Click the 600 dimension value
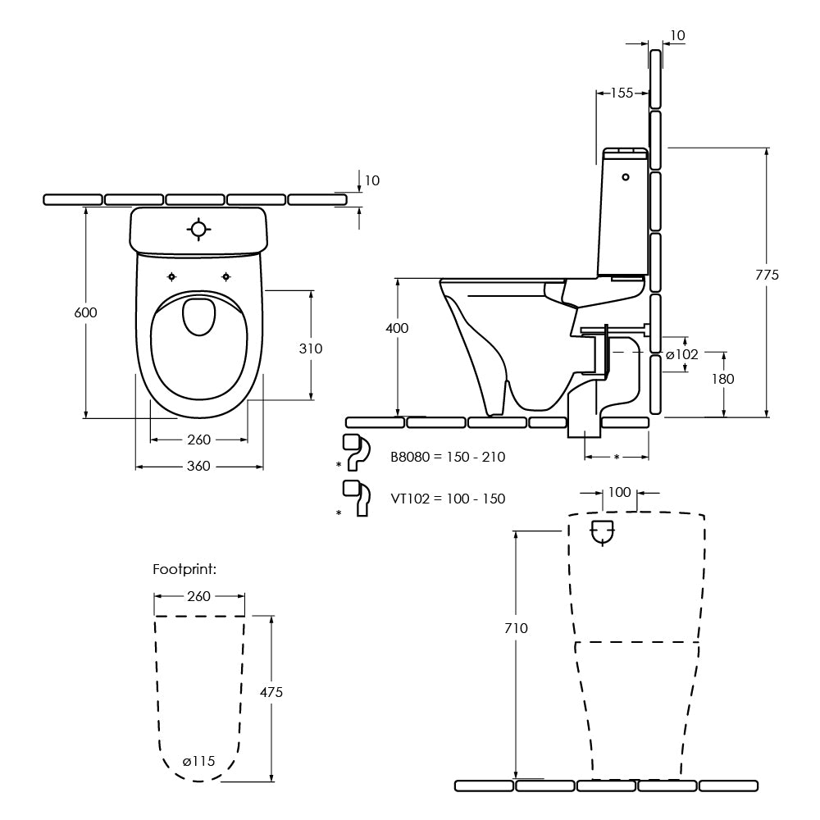point(85,312)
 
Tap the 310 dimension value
point(311,348)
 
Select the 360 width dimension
point(198,467)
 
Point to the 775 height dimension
point(767,275)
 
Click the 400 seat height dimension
point(397,327)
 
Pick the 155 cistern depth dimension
point(622,93)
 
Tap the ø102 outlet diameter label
point(681,354)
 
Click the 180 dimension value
point(723,379)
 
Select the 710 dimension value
point(517,628)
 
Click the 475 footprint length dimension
point(271,692)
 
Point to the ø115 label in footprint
point(198,761)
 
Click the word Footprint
point(184,568)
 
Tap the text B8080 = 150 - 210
point(448,457)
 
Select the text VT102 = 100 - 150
point(448,499)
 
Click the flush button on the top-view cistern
point(199,229)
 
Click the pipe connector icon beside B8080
point(354,452)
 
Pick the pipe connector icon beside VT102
point(355,498)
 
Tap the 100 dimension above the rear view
point(620,492)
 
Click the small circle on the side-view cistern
point(626,176)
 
